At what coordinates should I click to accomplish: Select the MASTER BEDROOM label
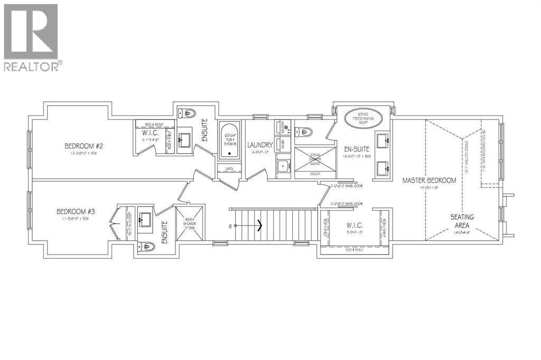429,181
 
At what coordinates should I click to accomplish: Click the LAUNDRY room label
259,145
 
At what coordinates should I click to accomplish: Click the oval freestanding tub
362,117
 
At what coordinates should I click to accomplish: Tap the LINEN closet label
229,169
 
